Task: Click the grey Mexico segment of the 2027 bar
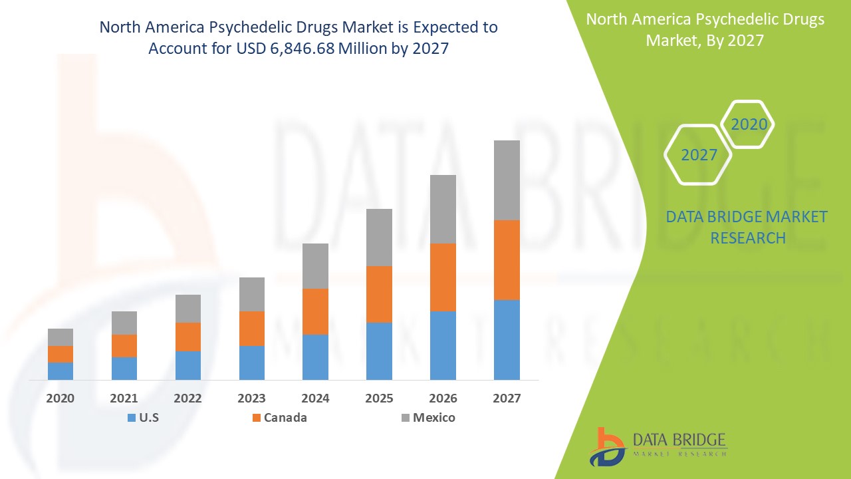click(507, 180)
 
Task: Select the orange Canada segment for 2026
click(443, 277)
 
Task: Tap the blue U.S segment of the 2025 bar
click(379, 351)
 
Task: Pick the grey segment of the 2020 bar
click(61, 337)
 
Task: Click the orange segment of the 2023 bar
click(252, 328)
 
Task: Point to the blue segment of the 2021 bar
click(124, 368)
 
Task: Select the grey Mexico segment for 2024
click(315, 265)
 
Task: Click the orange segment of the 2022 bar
click(188, 337)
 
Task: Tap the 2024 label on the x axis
click(315, 399)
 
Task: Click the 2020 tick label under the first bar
click(61, 399)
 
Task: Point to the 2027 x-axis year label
click(507, 399)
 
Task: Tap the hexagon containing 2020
click(749, 124)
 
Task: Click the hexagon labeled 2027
click(699, 155)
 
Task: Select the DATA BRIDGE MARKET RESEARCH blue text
click(747, 227)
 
